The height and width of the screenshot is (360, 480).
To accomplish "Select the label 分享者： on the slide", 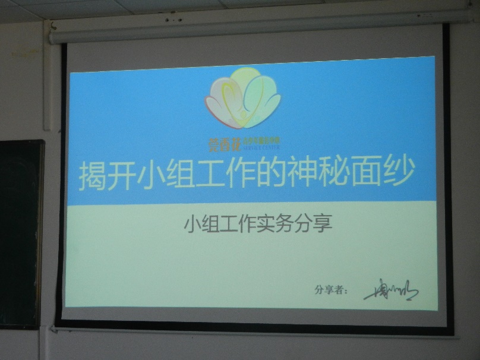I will [x=330, y=290].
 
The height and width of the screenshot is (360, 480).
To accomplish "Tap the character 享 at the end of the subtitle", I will [x=321, y=225].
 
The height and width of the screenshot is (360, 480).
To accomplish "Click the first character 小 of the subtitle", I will [x=192, y=225].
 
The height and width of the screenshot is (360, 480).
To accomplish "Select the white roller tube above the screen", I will [x=250, y=32].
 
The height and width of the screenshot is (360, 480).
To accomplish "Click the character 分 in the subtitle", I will [x=302, y=225].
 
